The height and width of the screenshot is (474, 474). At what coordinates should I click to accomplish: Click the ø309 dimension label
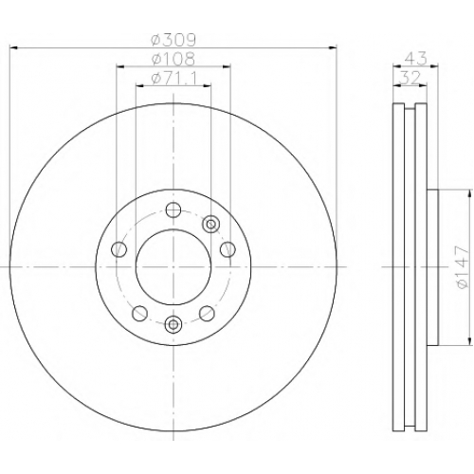[x=173, y=40]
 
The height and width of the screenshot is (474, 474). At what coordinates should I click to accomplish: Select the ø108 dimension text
[x=173, y=59]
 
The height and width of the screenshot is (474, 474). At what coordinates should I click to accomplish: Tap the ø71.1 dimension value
[x=173, y=79]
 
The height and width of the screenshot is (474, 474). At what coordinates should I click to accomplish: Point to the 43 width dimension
[x=416, y=58]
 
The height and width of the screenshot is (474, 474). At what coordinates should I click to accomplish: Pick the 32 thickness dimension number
[x=410, y=77]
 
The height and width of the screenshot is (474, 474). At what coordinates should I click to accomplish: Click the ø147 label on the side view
[x=462, y=267]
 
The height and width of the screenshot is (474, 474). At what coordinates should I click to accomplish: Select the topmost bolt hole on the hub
[x=173, y=210]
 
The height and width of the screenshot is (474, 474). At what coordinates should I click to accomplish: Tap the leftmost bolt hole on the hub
[x=119, y=249]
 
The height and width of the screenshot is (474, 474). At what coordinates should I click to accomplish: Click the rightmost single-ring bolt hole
[x=228, y=249]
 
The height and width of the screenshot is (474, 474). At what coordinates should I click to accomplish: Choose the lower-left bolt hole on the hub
[x=140, y=313]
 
